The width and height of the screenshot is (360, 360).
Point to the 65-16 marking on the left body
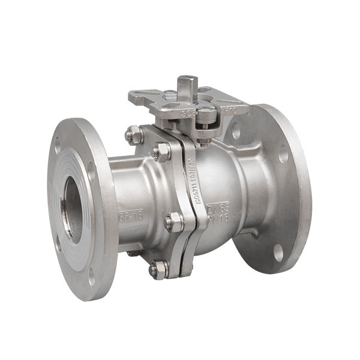click(130, 215)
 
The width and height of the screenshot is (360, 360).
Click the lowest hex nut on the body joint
click(158, 269)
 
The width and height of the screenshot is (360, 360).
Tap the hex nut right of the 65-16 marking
click(173, 221)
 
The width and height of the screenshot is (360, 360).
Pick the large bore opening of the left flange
click(73, 209)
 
